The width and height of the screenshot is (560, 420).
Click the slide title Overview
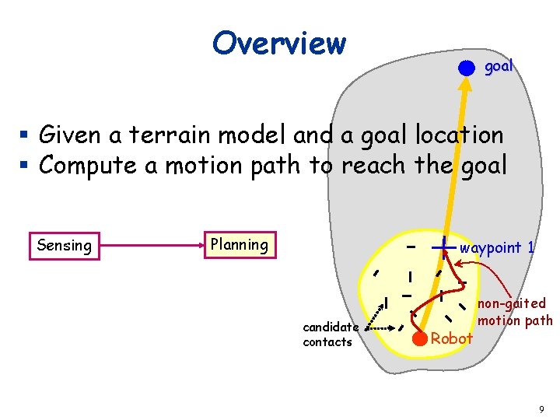pos(278,43)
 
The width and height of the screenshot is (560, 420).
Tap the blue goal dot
pos(465,68)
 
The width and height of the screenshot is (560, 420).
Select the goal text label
pos(499,66)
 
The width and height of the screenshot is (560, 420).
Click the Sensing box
pos(64,246)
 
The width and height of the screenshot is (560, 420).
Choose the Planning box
pos(239,244)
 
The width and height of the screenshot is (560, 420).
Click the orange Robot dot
pos(420,338)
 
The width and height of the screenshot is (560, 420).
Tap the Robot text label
pos(452,338)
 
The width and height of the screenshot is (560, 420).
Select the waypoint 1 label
pos(497,247)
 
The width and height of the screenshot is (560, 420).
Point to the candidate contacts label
pos(330,334)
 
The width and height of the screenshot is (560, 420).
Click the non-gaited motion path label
pos(514,311)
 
